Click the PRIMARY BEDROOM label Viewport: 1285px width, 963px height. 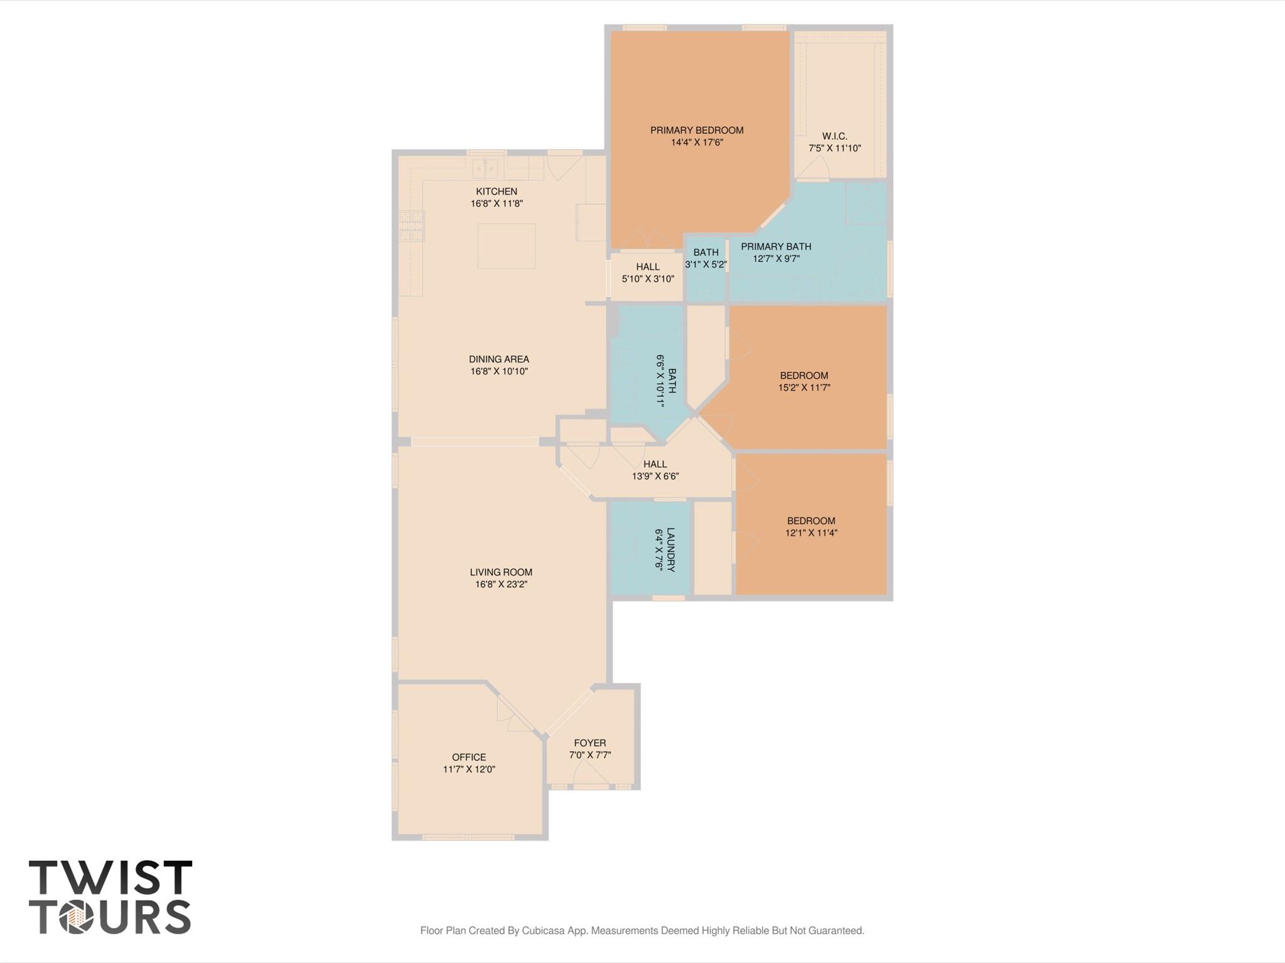coord(696,130)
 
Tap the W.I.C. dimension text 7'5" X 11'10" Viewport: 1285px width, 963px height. coord(834,149)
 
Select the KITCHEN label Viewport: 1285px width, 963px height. coord(496,191)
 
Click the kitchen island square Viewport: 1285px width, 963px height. coord(506,246)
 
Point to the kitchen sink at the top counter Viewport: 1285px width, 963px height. coord(485,168)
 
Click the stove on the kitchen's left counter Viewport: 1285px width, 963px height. coord(411,226)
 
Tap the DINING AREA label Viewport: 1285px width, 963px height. coord(498,359)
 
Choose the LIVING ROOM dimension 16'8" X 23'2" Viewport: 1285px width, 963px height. coord(500,584)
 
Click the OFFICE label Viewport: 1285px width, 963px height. coord(469,757)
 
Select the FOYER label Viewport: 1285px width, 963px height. coord(589,743)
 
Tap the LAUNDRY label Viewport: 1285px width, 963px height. coord(670,550)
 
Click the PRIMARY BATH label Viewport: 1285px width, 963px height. coord(776,247)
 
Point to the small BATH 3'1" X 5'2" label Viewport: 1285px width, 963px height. coord(706,252)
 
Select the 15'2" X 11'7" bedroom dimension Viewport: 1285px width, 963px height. coord(804,388)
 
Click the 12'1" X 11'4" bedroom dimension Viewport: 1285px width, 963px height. coord(811,533)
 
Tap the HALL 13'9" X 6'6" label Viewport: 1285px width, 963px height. coord(655,464)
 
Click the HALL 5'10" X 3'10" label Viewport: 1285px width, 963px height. coord(647,267)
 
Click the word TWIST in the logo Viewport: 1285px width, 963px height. coord(110,878)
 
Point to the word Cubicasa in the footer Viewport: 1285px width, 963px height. coord(544,930)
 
